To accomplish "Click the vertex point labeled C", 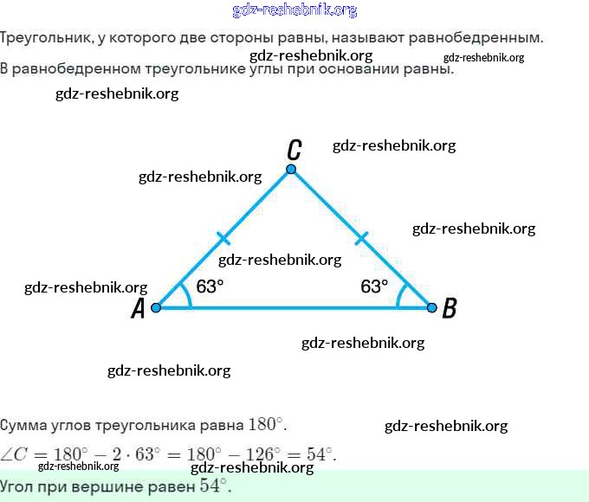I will point(291,169).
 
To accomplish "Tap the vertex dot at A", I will point(156,307).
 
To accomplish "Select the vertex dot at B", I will point(431,307).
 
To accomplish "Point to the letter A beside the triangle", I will point(137,309).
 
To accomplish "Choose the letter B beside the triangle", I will point(449,308).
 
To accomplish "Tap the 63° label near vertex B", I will point(374,286).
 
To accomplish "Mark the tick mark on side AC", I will point(223,237).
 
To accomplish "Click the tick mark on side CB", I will point(361,237).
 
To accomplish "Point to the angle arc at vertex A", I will point(188,295).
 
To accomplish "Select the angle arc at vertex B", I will point(399,295).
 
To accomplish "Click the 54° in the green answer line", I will point(215,486).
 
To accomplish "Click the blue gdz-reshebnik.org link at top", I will point(294,10).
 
